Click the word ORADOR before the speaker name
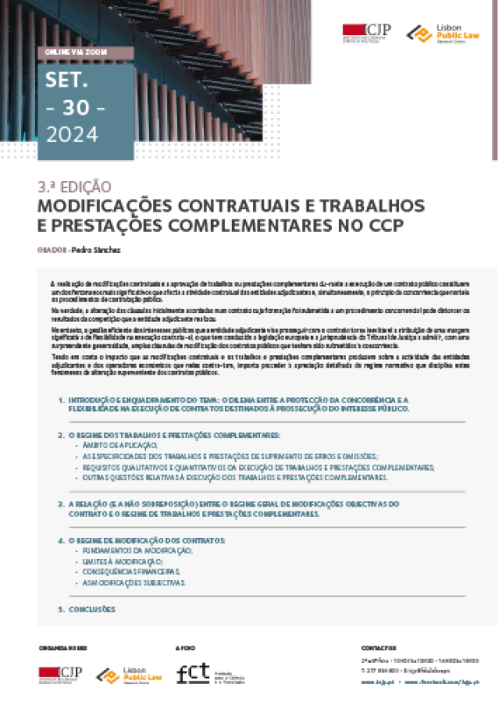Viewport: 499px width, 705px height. [52, 250]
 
